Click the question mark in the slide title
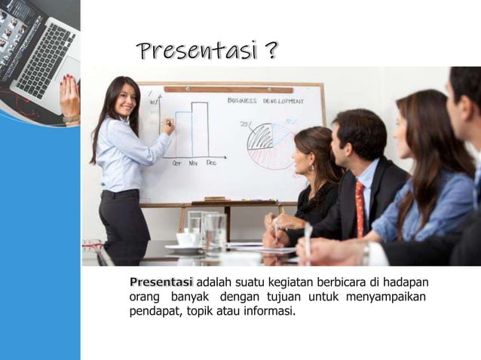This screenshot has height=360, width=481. (x=270, y=51)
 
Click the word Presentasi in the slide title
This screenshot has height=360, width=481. (x=195, y=51)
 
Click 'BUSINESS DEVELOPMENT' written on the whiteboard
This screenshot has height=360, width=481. (x=265, y=100)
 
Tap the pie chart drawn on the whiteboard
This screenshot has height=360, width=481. (x=268, y=143)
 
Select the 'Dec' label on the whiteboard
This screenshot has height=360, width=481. (x=211, y=162)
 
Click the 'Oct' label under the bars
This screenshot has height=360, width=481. (x=176, y=162)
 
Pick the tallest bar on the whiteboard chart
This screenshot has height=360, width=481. (x=200, y=129)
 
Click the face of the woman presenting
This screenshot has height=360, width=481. (x=124, y=99)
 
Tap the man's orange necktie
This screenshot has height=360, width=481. (x=360, y=208)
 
